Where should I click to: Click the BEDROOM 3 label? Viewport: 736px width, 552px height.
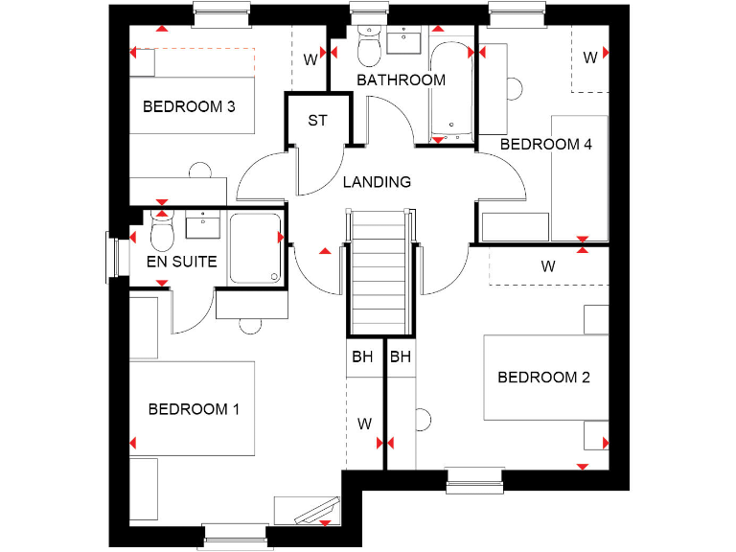coord(189,106)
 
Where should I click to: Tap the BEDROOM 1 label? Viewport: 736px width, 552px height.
coord(194,409)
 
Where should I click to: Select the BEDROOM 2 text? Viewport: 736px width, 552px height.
coord(543,378)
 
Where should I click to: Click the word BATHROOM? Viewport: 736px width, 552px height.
coord(401,80)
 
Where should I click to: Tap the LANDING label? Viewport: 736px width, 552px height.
coord(377,182)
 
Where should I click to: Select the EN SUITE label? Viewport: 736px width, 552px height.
coord(181,261)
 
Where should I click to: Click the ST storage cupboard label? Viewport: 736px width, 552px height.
coord(317,121)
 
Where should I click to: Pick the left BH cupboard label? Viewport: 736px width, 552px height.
coord(362,357)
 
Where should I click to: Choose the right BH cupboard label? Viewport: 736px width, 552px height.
coord(400,357)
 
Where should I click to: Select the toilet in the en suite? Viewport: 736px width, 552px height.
coord(161,231)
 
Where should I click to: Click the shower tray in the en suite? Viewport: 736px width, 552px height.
coord(254,249)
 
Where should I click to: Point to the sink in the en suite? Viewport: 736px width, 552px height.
coord(203,226)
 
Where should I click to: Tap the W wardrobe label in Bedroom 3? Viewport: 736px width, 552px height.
coord(310,59)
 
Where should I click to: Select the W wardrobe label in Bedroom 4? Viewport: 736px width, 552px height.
coord(590,57)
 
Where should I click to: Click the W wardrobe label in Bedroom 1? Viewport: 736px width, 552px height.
coord(364,423)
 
